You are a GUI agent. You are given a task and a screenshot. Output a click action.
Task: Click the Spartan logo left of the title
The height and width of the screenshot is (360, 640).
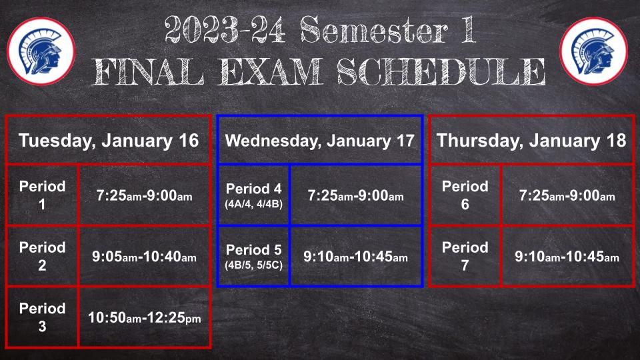click(x=41, y=51)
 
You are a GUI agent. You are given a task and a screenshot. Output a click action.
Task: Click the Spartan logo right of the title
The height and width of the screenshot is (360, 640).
click(x=593, y=51)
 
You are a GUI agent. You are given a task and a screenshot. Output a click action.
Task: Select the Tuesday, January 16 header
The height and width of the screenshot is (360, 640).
click(x=109, y=141)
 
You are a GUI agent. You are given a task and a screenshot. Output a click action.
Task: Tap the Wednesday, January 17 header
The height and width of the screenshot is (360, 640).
click(x=319, y=141)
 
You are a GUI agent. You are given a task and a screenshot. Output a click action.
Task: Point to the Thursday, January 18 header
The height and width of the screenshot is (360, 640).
click(x=531, y=141)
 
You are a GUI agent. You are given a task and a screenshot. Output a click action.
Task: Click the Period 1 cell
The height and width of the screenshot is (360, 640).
click(x=43, y=195)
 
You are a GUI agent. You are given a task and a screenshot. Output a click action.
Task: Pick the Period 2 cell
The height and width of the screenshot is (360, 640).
click(x=43, y=256)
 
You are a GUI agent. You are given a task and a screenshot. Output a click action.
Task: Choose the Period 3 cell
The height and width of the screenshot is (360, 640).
click(x=43, y=317)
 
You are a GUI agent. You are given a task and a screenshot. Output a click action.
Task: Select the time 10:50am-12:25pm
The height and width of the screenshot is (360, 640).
click(x=145, y=317)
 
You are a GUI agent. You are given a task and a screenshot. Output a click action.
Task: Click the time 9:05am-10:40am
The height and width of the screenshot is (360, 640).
click(x=144, y=257)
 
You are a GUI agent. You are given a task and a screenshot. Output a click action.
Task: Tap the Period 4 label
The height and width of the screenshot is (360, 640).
click(x=253, y=189)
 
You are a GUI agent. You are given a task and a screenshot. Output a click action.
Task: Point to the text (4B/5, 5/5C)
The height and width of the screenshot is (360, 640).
click(x=253, y=265)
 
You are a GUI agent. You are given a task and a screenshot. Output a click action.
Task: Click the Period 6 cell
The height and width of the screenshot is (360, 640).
click(x=465, y=195)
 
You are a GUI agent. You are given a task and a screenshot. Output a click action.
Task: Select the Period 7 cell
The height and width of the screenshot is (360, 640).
click(x=465, y=256)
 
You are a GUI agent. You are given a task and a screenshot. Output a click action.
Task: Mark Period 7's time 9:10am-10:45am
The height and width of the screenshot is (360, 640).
click(x=567, y=257)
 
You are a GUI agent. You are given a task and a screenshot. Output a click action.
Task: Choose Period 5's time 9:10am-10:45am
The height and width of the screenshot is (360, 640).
click(x=355, y=257)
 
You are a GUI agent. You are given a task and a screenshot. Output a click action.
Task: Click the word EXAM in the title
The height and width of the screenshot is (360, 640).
click(x=270, y=72)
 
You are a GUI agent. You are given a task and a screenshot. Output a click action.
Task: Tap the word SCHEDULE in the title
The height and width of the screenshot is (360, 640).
click(x=441, y=72)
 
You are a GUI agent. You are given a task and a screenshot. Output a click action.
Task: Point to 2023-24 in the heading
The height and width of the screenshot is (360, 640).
click(x=225, y=30)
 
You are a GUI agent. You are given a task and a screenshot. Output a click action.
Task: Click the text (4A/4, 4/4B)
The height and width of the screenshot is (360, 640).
click(x=253, y=204)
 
